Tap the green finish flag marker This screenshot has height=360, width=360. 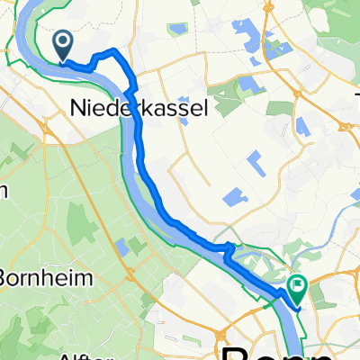pyautogui.click(x=297, y=287)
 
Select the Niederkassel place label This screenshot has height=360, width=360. pyautogui.click(x=139, y=109)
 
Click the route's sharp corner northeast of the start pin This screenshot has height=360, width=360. pyautogui.click(x=112, y=49)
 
